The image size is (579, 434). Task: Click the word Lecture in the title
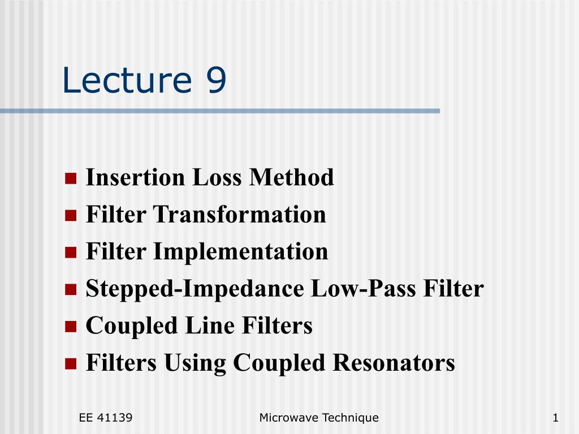127,80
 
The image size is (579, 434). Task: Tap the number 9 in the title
216,80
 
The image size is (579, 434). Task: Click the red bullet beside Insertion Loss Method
71,178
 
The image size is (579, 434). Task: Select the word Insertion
135,177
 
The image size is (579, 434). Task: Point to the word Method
291,177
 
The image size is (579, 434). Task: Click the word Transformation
239,214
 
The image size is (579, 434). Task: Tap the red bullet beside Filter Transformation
71,215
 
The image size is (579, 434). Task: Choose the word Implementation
240,251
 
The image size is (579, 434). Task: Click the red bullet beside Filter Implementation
71,253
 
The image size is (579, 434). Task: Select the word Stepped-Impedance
195,289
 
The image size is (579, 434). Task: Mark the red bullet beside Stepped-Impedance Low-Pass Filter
71,289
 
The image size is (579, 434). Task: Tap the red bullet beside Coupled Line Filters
71,326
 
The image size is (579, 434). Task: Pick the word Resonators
394,362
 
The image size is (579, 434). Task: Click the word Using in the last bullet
195,363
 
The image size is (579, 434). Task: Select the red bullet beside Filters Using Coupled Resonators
71,363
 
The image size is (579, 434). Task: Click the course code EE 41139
106,418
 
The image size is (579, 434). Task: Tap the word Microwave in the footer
289,418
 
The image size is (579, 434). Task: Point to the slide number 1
555,418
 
